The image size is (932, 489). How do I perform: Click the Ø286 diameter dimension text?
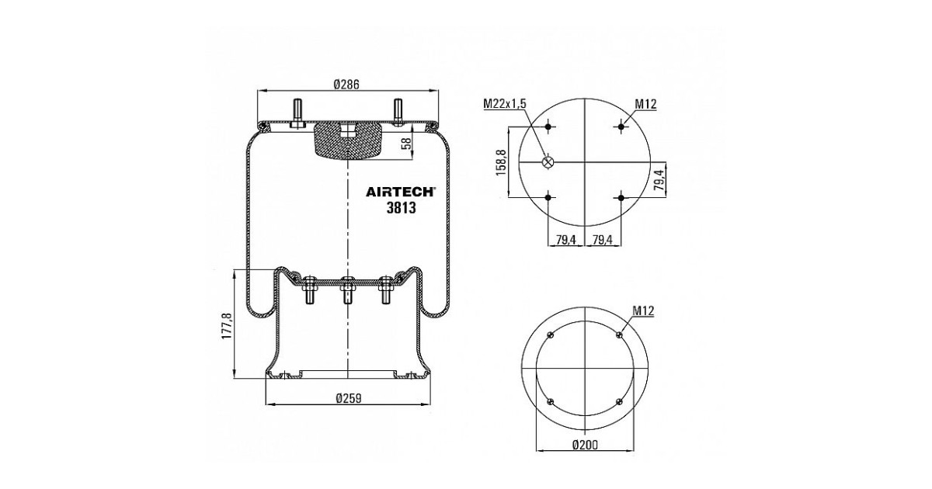coord(346,85)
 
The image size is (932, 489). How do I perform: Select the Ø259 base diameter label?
coord(349,398)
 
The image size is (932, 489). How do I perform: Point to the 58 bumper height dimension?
coord(406,143)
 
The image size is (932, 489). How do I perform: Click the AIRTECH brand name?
coord(400,192)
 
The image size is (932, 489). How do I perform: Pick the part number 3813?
coord(401,208)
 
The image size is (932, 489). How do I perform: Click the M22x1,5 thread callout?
coord(505,103)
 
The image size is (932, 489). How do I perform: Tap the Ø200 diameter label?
coord(585,446)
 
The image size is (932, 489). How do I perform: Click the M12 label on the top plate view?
coord(645,104)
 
